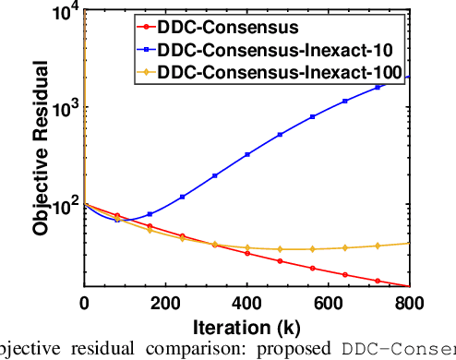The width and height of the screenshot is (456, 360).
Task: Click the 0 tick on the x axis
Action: [x=85, y=303]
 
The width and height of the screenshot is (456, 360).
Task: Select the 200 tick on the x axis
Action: [x=166, y=303]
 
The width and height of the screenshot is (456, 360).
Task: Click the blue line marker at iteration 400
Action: [x=247, y=154]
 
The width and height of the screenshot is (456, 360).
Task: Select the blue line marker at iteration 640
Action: [x=345, y=101]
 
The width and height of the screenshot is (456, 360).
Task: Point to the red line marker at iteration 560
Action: [x=312, y=268]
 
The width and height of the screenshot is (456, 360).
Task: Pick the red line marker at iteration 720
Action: [x=378, y=280]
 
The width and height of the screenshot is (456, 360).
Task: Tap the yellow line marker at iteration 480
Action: [x=280, y=249]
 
